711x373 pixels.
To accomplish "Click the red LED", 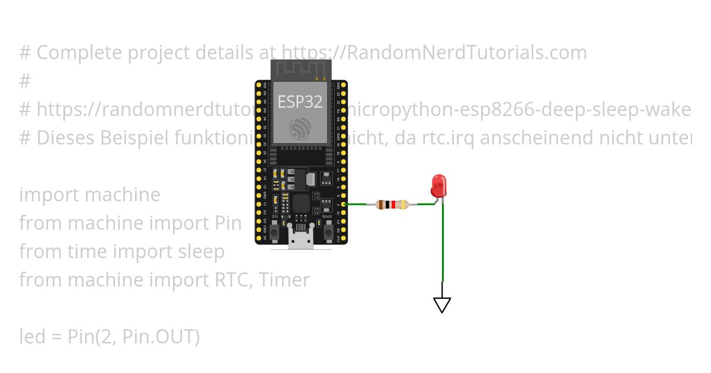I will (438, 186).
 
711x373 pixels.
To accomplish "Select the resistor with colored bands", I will (392, 205).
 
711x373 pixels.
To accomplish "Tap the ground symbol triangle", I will (442, 304).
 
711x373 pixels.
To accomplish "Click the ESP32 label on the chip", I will (300, 101).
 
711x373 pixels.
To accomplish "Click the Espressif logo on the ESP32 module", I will (300, 128).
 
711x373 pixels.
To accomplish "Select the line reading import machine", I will (89, 195).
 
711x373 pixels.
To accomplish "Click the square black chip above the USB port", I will (301, 204).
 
